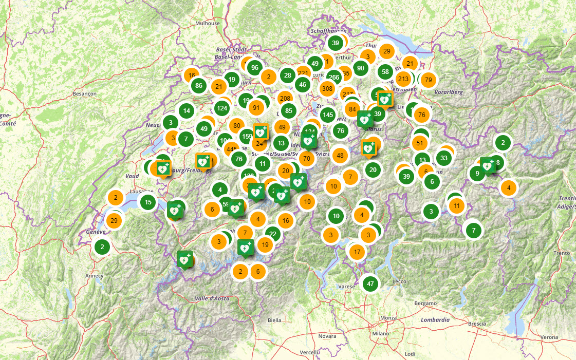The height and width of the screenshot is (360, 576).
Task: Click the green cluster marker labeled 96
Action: click(x=254, y=67)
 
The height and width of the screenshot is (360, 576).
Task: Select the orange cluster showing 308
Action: click(x=327, y=88)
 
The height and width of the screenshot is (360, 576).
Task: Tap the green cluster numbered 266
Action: click(x=334, y=78)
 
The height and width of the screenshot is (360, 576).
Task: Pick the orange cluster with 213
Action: click(x=403, y=79)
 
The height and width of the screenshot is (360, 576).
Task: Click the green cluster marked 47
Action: click(x=370, y=283)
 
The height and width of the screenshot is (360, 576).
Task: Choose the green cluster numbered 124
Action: click(x=222, y=108)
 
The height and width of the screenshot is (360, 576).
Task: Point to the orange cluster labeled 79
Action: click(x=429, y=80)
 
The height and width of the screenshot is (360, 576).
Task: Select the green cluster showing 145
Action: click(x=328, y=114)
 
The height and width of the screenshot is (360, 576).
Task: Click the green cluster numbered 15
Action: click(x=148, y=202)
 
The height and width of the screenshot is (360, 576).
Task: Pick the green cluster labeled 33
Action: click(x=444, y=158)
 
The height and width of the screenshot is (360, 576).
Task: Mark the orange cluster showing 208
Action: click(x=285, y=98)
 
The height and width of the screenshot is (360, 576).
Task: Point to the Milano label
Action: click(x=381, y=333)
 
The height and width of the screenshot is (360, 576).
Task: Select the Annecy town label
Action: click(x=95, y=276)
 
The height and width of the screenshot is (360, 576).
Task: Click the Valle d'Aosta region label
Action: click(x=212, y=298)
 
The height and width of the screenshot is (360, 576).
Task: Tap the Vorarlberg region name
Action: click(x=448, y=92)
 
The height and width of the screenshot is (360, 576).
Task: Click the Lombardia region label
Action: click(x=435, y=319)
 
